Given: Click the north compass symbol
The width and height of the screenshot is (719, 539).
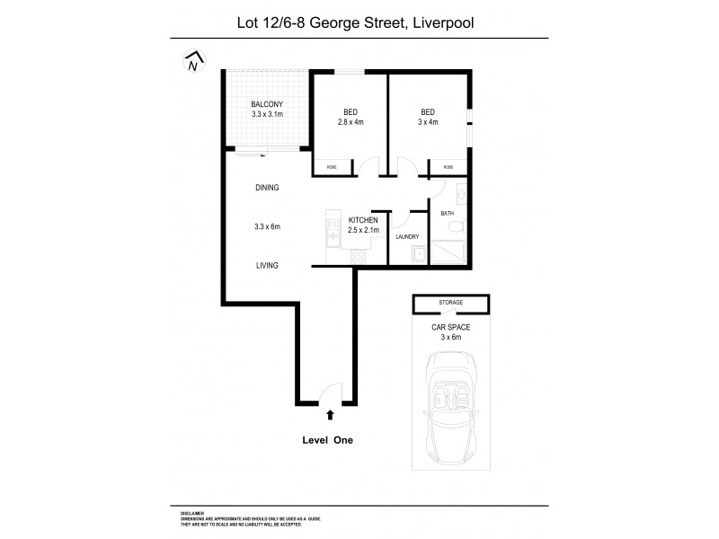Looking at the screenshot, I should (x=191, y=62).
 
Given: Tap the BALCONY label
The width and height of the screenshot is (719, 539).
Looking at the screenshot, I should (x=266, y=104).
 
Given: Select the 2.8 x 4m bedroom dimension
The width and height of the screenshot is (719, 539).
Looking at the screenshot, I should (x=350, y=121).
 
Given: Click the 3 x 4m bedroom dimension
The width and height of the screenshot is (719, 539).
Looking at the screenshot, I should (x=428, y=121).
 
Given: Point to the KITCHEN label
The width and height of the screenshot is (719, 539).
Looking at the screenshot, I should (x=362, y=220).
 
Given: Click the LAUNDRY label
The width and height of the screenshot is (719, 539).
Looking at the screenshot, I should (x=407, y=237).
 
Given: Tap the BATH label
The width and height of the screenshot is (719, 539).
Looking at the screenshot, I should (x=447, y=214).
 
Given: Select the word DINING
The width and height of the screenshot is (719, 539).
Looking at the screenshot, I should (x=267, y=188).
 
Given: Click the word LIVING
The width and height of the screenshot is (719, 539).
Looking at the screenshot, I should (x=266, y=265).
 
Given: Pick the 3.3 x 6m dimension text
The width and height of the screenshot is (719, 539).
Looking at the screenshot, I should (x=266, y=227).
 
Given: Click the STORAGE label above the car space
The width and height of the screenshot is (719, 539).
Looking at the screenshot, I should (x=450, y=304).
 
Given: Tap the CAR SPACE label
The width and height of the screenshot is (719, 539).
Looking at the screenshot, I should (x=450, y=327).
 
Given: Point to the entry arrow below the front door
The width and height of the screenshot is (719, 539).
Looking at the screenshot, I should (x=330, y=414).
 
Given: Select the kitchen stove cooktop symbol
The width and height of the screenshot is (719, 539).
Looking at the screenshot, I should (x=357, y=256).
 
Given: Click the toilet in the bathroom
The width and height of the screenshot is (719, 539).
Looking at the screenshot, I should (x=456, y=225).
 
